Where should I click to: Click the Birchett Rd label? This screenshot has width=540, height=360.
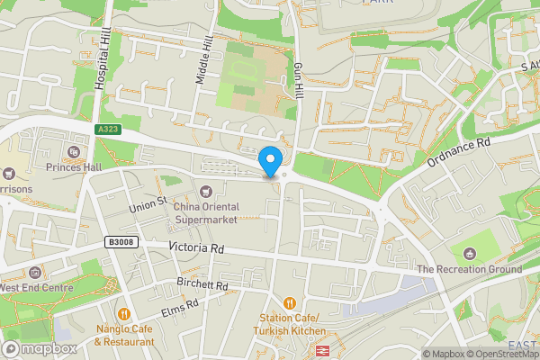coord(202,285)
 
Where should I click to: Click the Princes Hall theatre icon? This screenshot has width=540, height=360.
coord(74,152)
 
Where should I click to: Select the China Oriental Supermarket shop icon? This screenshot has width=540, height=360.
coord(208,191)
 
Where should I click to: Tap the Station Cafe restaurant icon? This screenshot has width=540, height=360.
coord(291,302)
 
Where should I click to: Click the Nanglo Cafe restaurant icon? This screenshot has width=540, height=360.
coord(124,315)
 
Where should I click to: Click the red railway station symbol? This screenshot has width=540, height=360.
coord(322,350)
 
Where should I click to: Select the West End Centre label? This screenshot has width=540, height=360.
coord(36,287)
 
